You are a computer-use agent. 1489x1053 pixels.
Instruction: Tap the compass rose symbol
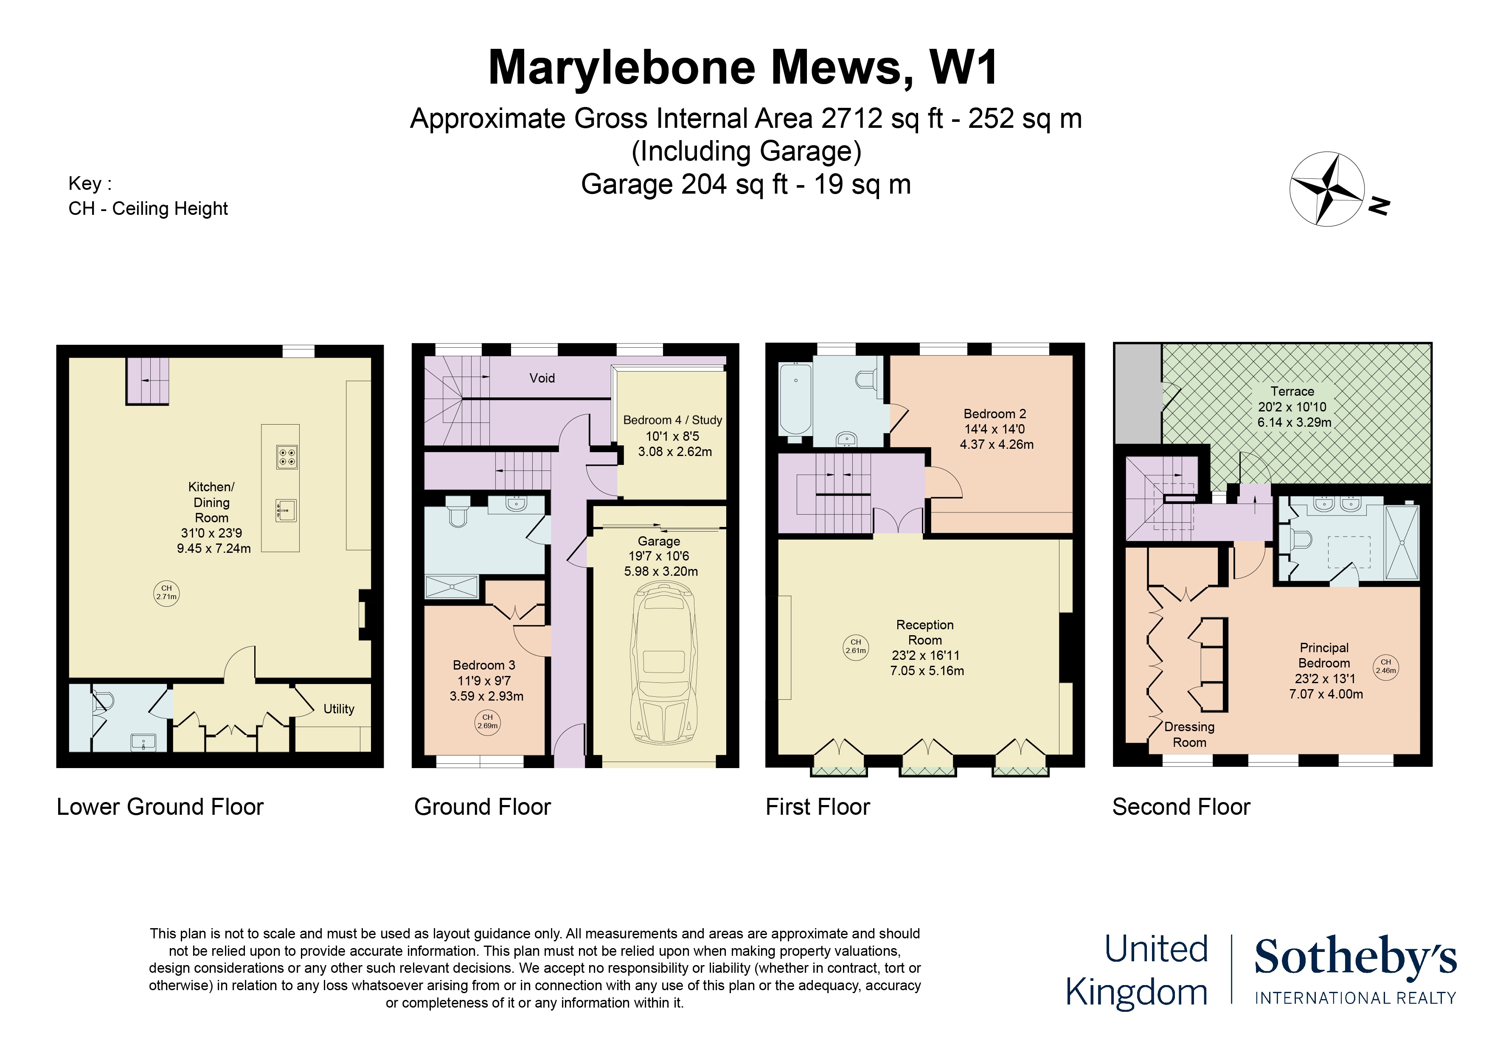pyautogui.click(x=1327, y=189)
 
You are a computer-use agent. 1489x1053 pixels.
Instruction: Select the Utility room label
pyautogui.click(x=339, y=709)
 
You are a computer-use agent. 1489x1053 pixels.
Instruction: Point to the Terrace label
pyautogui.click(x=1292, y=391)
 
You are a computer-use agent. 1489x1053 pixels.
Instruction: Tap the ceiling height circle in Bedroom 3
pyautogui.click(x=488, y=722)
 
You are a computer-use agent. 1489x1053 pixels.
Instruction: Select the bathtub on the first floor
pyautogui.click(x=795, y=398)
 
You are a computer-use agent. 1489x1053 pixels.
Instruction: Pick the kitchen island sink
pyautogui.click(x=286, y=511)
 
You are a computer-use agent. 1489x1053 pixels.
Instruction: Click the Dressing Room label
pyautogui.click(x=1189, y=735)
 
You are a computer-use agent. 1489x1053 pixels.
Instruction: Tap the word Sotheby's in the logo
pyautogui.click(x=1355, y=957)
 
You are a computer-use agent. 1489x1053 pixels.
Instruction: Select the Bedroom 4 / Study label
pyautogui.click(x=672, y=420)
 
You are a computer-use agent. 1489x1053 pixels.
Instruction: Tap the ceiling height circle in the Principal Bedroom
pyautogui.click(x=1385, y=666)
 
